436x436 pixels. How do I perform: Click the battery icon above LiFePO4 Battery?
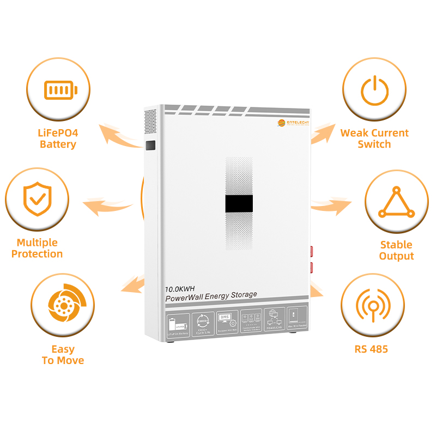click(60, 89)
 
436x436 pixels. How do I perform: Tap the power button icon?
click(374, 89)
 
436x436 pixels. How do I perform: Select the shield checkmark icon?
click(37, 200)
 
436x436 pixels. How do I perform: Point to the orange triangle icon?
click(396, 202)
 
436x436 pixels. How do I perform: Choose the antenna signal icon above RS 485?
click(372, 305)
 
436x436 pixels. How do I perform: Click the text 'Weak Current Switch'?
click(374, 138)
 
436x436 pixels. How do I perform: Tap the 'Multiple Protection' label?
click(37, 248)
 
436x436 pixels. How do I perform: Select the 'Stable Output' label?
click(396, 250)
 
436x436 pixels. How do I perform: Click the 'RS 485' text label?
click(371, 349)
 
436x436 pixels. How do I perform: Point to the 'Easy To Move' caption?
click(63, 354)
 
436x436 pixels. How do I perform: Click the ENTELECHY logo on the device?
click(294, 123)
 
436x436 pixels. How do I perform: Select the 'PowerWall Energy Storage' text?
click(211, 295)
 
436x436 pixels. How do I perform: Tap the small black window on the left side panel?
click(151, 146)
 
